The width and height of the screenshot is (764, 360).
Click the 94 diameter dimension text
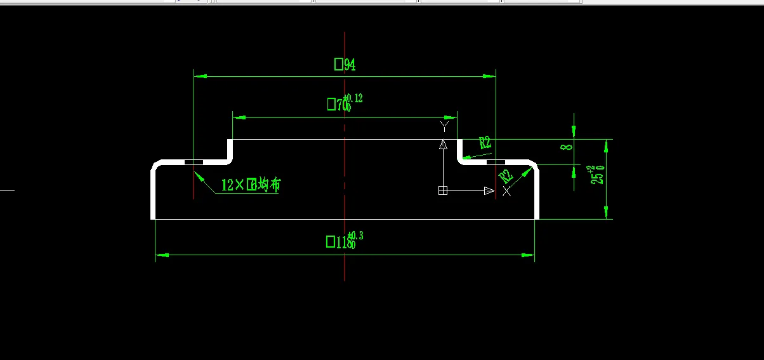point(345,65)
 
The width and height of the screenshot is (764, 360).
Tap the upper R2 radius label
point(485,143)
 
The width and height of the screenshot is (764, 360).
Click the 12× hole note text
point(250,185)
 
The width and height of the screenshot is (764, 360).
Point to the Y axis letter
point(444,127)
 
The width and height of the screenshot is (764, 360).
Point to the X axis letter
point(506,191)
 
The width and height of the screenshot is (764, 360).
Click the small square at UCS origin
point(443,190)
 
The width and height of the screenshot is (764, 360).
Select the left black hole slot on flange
point(194,163)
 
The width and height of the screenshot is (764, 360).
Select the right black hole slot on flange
point(496,163)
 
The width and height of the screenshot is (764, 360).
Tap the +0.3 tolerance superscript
point(355,236)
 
